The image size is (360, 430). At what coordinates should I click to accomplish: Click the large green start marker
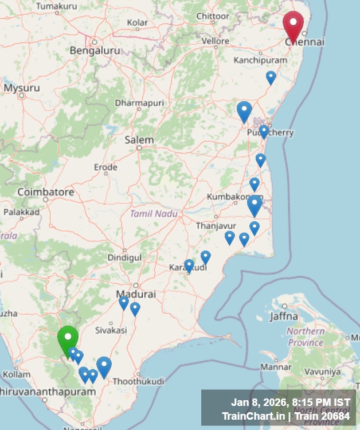(68, 339)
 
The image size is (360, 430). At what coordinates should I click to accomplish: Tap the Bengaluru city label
(95, 50)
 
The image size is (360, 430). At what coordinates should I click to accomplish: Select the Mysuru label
(22, 88)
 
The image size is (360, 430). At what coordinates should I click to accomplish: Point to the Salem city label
(139, 140)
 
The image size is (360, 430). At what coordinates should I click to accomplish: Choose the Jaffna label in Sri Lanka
(285, 315)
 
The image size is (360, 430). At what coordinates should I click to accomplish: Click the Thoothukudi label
(138, 381)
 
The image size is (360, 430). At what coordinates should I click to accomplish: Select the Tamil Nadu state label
(153, 213)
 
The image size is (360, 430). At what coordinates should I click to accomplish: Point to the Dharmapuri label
(139, 103)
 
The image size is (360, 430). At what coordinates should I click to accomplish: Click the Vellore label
(216, 41)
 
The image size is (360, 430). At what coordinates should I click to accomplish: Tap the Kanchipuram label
(260, 60)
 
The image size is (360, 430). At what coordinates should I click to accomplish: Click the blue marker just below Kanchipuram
(271, 77)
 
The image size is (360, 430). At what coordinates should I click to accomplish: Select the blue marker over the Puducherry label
(264, 131)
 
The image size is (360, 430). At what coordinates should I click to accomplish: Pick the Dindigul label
(124, 258)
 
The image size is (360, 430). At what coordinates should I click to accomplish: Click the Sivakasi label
(111, 330)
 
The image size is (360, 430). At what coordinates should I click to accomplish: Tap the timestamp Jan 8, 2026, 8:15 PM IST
(291, 402)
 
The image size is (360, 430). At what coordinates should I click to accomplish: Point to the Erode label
(105, 167)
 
